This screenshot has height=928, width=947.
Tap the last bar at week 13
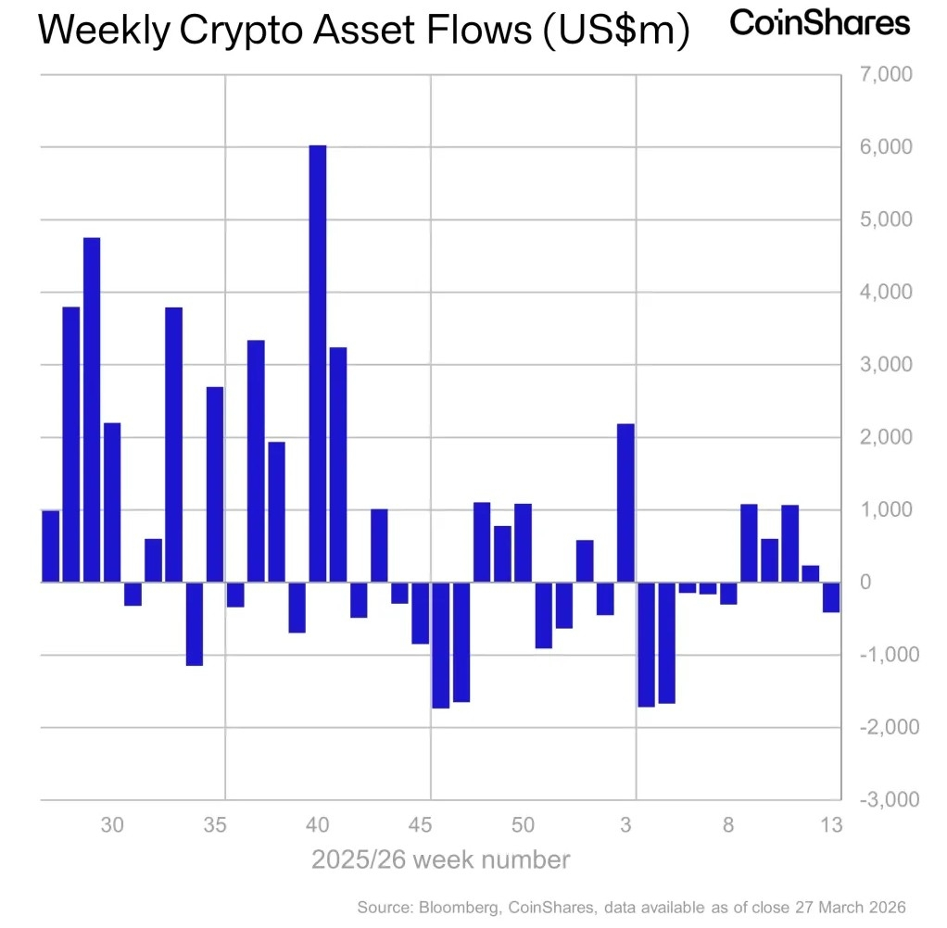(x=831, y=597)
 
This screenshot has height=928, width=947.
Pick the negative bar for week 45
(x=420, y=612)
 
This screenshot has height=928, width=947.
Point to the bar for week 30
(x=112, y=502)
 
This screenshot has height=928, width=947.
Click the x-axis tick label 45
(x=421, y=825)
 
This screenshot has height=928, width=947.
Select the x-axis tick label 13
(x=831, y=825)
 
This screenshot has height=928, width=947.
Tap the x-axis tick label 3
(x=626, y=825)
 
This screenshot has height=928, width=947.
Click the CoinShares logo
(x=820, y=22)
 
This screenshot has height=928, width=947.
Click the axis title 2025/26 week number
(x=440, y=859)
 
